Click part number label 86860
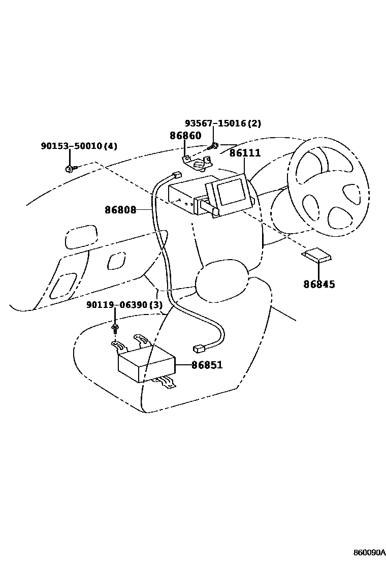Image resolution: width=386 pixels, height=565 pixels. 185,136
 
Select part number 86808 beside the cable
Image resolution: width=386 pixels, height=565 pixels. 121,209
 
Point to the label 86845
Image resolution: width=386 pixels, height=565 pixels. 319,284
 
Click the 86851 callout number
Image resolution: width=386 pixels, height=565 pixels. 207,365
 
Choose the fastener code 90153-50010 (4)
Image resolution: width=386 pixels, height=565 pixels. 79,146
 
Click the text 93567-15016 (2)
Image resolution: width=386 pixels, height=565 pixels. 222,123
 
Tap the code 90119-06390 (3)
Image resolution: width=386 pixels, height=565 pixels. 124,305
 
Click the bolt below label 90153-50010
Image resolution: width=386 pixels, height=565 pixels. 70,168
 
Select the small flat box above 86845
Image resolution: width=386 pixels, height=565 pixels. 317,255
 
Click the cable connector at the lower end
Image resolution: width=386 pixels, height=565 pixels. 199,349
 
